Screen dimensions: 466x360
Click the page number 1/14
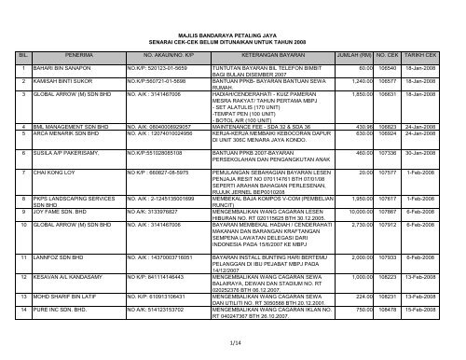pos(233,345)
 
